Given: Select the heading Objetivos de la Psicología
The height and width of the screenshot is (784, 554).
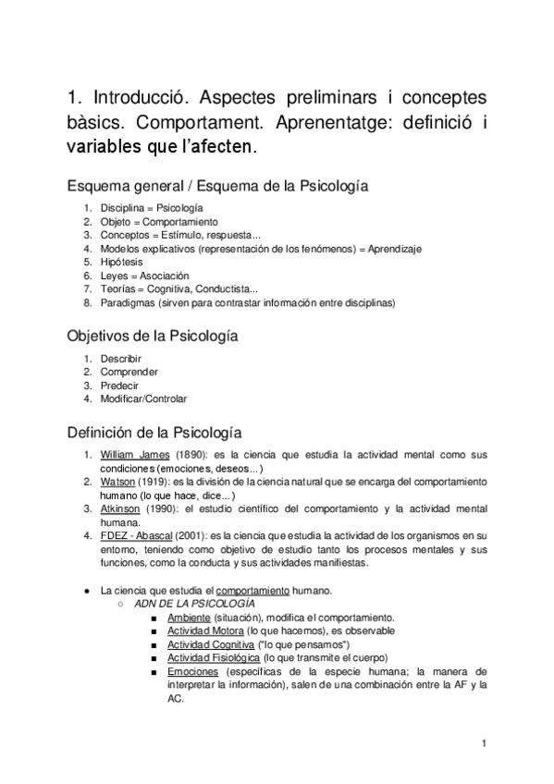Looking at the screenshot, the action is [x=153, y=337].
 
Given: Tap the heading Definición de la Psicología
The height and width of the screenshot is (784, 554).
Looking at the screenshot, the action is [x=154, y=432].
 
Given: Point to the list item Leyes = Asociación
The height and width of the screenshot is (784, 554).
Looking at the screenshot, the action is [x=144, y=276].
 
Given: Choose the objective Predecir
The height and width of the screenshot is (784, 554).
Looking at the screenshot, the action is [x=121, y=386].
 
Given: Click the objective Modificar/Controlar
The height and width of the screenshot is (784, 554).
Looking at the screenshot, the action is [x=143, y=399].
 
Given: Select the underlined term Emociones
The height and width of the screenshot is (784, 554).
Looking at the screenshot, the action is [x=192, y=671].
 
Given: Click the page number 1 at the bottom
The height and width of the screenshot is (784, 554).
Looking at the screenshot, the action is [x=485, y=741].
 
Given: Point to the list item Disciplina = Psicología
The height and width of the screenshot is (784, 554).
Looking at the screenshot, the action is [x=152, y=208].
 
